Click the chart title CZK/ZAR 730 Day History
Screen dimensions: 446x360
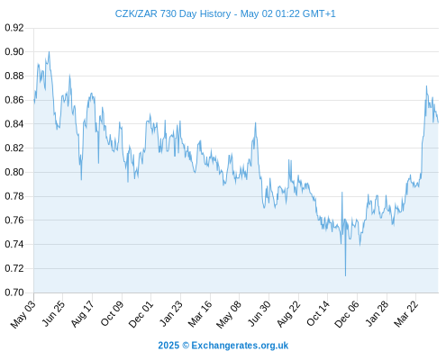[173, 13]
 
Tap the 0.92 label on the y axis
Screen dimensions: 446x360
[14, 28]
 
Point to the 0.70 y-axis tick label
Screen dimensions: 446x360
[14, 292]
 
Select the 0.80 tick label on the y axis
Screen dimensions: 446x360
[14, 172]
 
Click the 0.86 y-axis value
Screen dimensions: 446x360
[14, 100]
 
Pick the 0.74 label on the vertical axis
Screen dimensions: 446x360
[14, 244]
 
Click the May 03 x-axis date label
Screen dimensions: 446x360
[23, 314]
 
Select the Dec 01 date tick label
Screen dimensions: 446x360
[141, 314]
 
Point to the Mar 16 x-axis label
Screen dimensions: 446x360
[200, 314]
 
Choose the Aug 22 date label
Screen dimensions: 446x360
[288, 314]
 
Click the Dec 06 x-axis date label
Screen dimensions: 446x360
[346, 314]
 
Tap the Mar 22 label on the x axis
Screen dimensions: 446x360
[405, 314]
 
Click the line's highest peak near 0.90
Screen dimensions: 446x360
[49, 51]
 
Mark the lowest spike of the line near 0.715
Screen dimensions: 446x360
[345, 275]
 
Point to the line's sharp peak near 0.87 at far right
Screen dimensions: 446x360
[426, 86]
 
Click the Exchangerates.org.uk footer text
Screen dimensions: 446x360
[240, 346]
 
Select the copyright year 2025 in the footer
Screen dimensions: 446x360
[168, 346]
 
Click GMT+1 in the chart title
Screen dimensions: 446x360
[319, 13]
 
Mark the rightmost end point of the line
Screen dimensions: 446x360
[438, 122]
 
